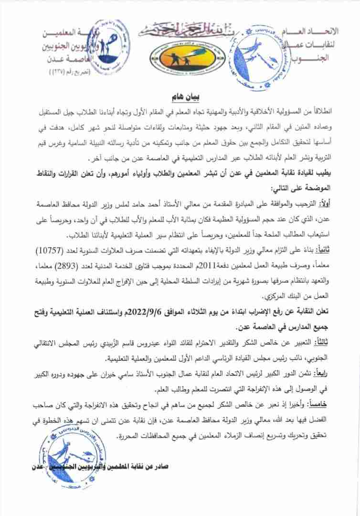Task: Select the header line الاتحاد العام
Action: tap(313, 32)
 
